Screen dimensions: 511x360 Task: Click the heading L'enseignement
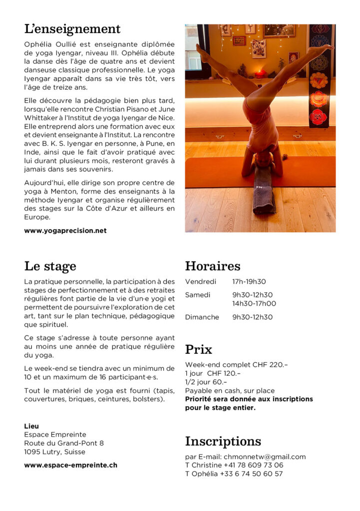tap(72, 29)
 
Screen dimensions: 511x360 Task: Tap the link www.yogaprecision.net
tap(65, 231)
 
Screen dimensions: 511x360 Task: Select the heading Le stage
tap(50, 266)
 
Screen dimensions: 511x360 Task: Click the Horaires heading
tap(213, 266)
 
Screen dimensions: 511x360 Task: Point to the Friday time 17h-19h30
tap(249, 282)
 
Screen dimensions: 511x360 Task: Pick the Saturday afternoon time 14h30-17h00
tap(254, 304)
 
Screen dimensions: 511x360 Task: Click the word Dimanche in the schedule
tap(202, 317)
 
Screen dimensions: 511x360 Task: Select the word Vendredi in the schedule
tap(201, 282)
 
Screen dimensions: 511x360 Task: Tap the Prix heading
tap(199, 349)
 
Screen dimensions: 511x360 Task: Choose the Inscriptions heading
tap(223, 442)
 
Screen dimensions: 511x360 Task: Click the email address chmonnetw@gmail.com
tap(265, 457)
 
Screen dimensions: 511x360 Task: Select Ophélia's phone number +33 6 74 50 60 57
tap(251, 474)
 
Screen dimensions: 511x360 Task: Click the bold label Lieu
tap(31, 426)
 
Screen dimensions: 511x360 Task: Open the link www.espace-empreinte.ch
tap(71, 465)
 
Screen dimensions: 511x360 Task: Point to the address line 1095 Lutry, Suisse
tap(55, 452)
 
